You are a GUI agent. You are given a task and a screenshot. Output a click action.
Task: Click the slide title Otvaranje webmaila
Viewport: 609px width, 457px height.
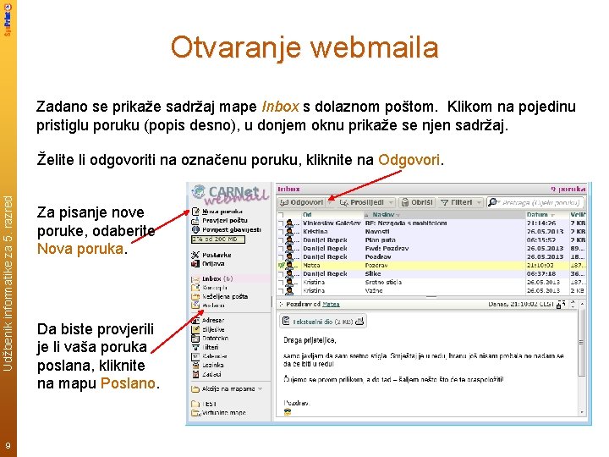point(304,47)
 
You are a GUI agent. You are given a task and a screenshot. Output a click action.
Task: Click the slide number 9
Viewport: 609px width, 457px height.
point(8,446)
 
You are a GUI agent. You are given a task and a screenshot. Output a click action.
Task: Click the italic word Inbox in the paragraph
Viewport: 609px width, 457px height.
point(280,107)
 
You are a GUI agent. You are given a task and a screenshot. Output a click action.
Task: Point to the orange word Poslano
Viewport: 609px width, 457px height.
point(128,383)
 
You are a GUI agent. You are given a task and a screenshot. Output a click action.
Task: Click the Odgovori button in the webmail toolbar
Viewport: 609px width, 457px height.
point(303,203)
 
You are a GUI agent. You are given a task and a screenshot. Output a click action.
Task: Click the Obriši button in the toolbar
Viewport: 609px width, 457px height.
point(418,203)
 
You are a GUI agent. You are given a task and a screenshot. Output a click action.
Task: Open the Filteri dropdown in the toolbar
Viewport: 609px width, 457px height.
point(459,203)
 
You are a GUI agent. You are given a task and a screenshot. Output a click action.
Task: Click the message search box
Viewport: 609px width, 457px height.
point(538,203)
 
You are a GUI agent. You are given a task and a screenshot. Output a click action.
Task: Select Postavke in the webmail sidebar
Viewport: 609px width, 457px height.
point(217,254)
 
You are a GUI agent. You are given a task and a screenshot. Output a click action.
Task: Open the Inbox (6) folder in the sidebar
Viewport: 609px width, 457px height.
point(217,278)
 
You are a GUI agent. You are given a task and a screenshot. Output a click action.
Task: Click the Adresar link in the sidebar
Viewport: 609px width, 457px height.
point(214,321)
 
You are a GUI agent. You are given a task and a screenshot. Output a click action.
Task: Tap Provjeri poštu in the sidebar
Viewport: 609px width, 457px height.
point(222,220)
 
